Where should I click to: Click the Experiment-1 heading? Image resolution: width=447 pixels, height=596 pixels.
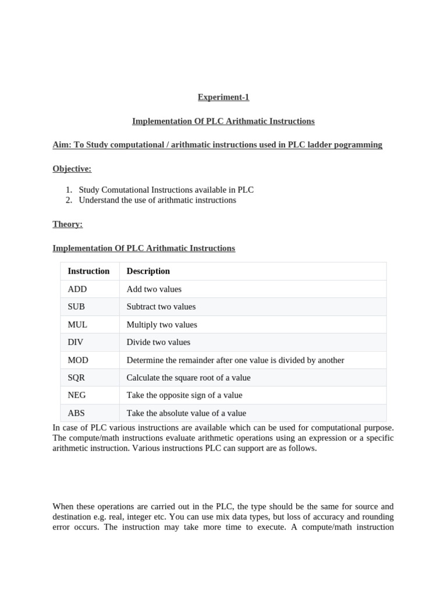pos(223,97)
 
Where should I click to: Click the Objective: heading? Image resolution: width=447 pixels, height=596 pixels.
pos(72,169)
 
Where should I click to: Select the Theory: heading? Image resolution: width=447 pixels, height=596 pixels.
pos(68,224)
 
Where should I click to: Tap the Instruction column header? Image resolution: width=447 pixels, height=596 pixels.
pos(88,271)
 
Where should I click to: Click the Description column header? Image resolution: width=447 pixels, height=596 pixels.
pos(148,271)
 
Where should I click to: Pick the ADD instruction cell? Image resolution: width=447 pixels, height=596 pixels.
pos(77,289)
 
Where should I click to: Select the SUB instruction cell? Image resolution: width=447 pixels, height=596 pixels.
pos(76,307)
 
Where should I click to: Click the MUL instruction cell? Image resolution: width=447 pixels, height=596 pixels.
pos(77,325)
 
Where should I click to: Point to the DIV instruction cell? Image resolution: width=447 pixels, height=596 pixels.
pos(76,342)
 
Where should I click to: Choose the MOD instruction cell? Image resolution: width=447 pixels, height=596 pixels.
pos(78,360)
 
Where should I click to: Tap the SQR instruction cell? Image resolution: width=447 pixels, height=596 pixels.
pos(77,378)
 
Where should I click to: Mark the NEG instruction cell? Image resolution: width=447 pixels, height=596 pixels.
pos(77,395)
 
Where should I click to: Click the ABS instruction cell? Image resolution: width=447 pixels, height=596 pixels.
pos(76,413)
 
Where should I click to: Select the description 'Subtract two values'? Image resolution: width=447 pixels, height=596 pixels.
pos(161,307)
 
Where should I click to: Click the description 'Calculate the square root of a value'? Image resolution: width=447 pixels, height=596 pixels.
pos(188,378)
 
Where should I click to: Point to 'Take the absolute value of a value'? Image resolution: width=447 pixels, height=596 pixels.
pos(186,413)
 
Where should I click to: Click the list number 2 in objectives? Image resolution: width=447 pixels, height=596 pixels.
pos(68,200)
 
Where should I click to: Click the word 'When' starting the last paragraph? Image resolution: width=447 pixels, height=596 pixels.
pos(63,506)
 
